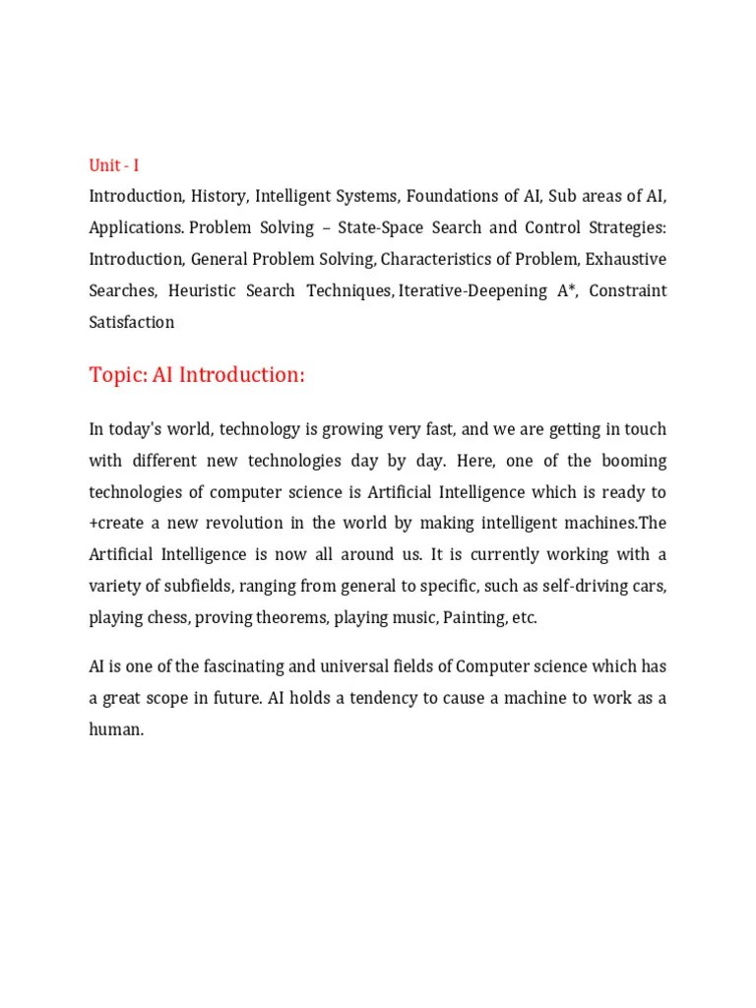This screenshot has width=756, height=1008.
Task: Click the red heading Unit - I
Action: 114,165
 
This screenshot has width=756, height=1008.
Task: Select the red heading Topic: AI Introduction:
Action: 197,375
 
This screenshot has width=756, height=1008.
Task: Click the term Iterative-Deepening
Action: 472,290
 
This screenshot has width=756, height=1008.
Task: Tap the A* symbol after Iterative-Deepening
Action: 566,290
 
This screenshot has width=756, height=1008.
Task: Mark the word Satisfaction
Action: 132,322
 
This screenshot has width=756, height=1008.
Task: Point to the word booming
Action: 629,461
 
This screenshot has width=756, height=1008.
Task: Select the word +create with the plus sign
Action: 116,524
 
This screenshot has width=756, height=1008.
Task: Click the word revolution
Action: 259,524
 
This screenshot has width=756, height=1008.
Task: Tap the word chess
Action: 167,618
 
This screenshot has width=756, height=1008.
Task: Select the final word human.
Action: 116,729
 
